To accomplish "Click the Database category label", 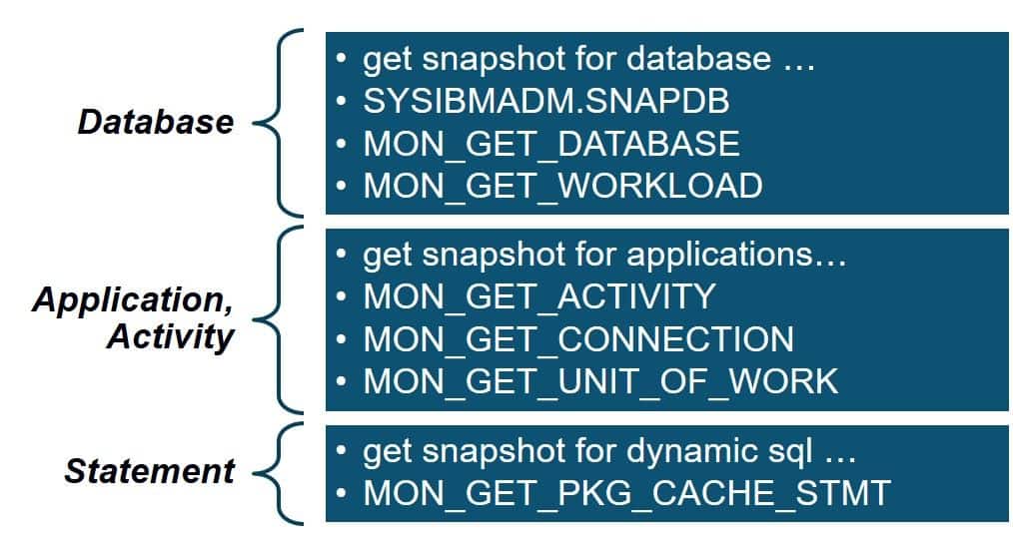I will coord(155,122).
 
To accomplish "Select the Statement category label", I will coord(149,471).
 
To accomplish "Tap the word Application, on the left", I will coord(133,299).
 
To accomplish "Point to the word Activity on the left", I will coord(169,337).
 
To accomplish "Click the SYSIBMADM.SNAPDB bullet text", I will coord(546,101).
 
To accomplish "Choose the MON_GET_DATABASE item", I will coord(550,144).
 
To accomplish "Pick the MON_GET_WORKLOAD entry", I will coord(561,186).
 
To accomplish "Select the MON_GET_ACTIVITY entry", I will coord(539,296).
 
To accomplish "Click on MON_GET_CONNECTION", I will coord(578,339).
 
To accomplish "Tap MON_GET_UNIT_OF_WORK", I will coord(600,381).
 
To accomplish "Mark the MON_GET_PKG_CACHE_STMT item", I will coord(625,493).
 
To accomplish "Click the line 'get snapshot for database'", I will coord(588,59).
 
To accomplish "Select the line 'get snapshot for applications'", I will coord(604,255).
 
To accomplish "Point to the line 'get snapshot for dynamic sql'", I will coord(609,451).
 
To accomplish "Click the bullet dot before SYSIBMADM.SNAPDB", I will coord(343,102).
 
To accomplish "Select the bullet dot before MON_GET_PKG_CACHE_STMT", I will coord(343,493).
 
